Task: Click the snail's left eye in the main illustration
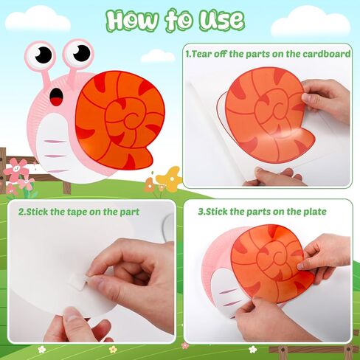(x=44, y=55)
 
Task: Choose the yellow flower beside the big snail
(x=170, y=177)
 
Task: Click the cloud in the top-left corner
(x=38, y=18)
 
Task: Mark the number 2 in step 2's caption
(x=21, y=212)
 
